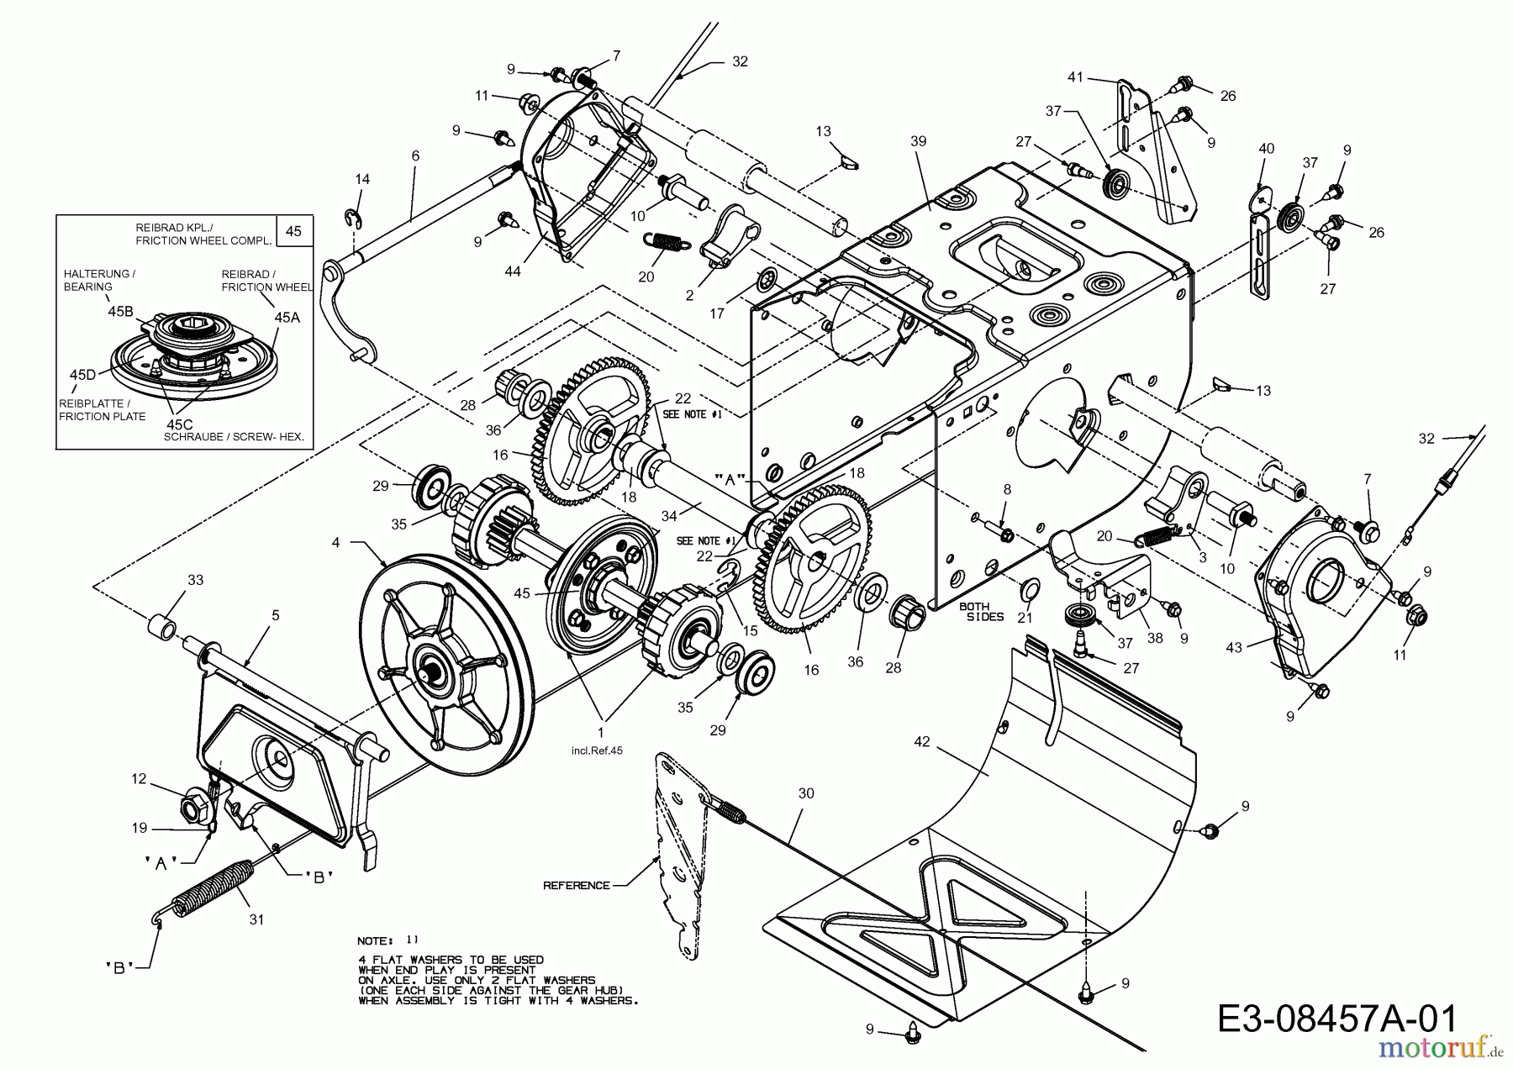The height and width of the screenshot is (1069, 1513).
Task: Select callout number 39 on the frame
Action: click(918, 141)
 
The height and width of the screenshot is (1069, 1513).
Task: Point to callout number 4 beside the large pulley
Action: click(336, 543)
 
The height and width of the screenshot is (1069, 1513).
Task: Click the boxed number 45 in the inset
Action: click(293, 230)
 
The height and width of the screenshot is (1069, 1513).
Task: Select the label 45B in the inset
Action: click(120, 311)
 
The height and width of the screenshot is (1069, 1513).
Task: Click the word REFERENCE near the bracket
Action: click(576, 885)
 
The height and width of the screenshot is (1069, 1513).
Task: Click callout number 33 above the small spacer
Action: click(195, 580)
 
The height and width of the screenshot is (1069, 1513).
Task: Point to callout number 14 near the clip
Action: click(362, 179)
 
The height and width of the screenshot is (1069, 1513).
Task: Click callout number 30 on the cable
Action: click(806, 793)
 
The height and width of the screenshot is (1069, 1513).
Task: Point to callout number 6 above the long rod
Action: click(415, 156)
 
